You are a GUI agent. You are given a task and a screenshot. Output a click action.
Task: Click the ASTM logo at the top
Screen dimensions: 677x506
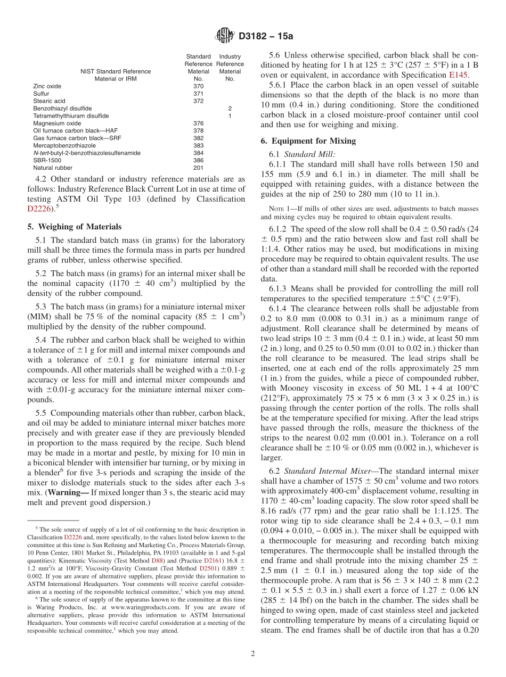click(x=224, y=36)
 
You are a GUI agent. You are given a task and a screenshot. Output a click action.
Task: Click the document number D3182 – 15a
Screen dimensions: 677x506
click(x=265, y=37)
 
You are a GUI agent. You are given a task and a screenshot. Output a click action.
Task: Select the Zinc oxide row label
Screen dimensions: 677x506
click(x=47, y=86)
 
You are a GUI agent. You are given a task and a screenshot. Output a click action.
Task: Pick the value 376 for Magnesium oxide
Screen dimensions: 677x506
click(x=198, y=123)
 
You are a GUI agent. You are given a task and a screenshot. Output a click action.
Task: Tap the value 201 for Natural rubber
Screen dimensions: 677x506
click(x=198, y=168)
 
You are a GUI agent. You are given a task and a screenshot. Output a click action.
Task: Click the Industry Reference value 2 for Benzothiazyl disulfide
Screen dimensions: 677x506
click(x=230, y=108)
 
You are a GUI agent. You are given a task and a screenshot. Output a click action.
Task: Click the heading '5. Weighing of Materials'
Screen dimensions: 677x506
click(x=74, y=226)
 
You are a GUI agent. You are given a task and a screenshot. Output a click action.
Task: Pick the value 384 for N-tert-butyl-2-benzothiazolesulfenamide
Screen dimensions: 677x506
click(x=198, y=153)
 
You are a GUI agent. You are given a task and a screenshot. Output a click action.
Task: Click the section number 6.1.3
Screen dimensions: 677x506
click(x=278, y=288)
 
